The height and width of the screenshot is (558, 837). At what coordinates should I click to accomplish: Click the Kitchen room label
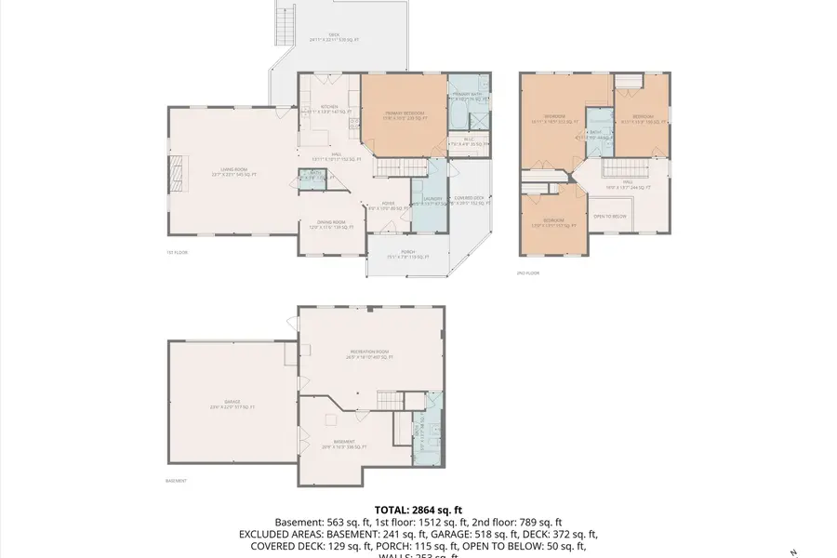point(329,108)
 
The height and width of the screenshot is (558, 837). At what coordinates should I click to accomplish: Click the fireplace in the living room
point(174,174)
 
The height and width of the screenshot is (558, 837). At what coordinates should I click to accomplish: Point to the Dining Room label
point(332,223)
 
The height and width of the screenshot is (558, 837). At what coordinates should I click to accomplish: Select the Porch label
point(407,254)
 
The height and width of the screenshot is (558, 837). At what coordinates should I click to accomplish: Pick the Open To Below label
point(609,217)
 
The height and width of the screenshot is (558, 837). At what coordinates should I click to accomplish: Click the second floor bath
point(597,133)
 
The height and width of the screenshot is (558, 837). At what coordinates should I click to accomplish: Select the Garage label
point(232,405)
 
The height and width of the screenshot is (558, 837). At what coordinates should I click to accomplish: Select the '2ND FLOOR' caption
point(527,272)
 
